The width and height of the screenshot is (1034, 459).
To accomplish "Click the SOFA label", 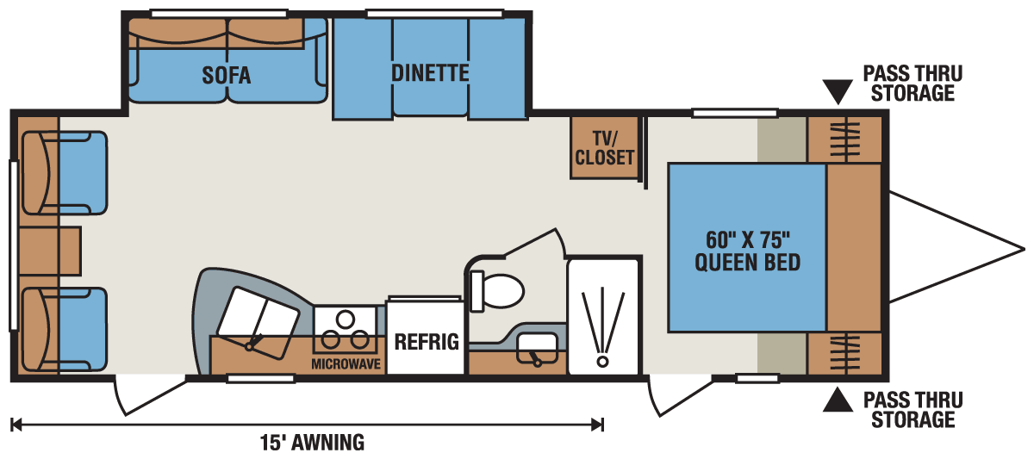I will click(227, 76).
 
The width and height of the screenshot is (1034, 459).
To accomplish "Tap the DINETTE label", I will click(429, 73).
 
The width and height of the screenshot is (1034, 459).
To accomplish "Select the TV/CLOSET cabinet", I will click(604, 147).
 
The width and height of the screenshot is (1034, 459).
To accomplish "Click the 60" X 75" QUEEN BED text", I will click(747, 249).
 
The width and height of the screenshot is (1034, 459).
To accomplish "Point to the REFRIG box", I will click(427, 340).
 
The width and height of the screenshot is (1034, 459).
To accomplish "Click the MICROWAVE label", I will click(346, 364).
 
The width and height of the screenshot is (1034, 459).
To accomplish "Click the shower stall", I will click(602, 316).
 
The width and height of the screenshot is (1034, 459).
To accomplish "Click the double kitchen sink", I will click(256, 318).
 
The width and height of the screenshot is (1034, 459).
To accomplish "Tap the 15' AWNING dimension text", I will click(312, 443).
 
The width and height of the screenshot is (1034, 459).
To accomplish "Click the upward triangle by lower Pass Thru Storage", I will click(837, 400).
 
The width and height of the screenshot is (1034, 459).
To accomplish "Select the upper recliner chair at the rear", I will click(65, 172).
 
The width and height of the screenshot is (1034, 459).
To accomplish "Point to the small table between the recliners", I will click(49, 251).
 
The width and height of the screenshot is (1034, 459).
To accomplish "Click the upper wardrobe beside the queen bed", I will click(844, 139).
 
